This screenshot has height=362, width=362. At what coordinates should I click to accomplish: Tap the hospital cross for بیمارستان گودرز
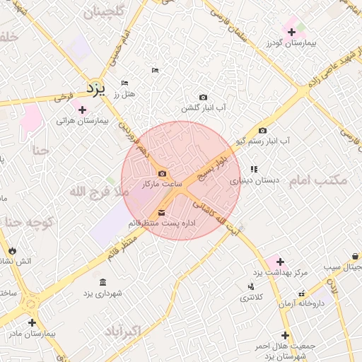pos(291,32)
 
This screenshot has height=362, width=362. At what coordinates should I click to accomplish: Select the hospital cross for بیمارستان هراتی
pos(83,110)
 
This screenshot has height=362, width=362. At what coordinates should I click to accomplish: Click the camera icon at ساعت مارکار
pos(163,174)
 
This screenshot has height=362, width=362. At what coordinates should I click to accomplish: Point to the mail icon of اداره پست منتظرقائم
pos(162,212)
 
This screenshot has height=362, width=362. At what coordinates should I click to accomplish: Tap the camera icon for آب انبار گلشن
pos(204,97)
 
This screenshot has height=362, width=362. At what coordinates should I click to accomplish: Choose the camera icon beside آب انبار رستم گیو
pos(263,130)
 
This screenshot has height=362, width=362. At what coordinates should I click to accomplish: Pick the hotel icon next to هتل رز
pos(125,83)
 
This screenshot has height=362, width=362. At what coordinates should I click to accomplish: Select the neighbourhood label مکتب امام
pos(319,180)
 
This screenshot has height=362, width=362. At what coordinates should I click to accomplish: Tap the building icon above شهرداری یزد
pos(104,282)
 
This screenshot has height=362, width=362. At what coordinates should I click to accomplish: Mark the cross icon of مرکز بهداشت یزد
pos(281,262)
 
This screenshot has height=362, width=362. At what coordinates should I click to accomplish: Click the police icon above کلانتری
pos(251,286)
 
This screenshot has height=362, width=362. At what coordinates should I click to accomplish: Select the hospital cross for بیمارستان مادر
pos(32,322)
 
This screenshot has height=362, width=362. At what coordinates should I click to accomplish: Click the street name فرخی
pos(64,95)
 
